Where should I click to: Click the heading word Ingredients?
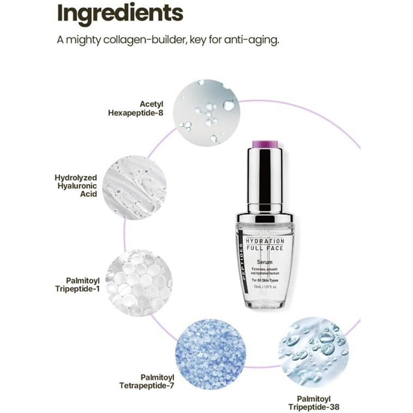point(120,13)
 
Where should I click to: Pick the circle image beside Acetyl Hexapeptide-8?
point(206,112)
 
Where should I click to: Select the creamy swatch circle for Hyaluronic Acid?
point(134,188)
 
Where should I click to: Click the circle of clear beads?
point(138,282)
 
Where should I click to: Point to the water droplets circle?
point(313,350)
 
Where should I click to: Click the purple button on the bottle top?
point(265,143)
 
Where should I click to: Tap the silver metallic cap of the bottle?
point(265,177)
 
